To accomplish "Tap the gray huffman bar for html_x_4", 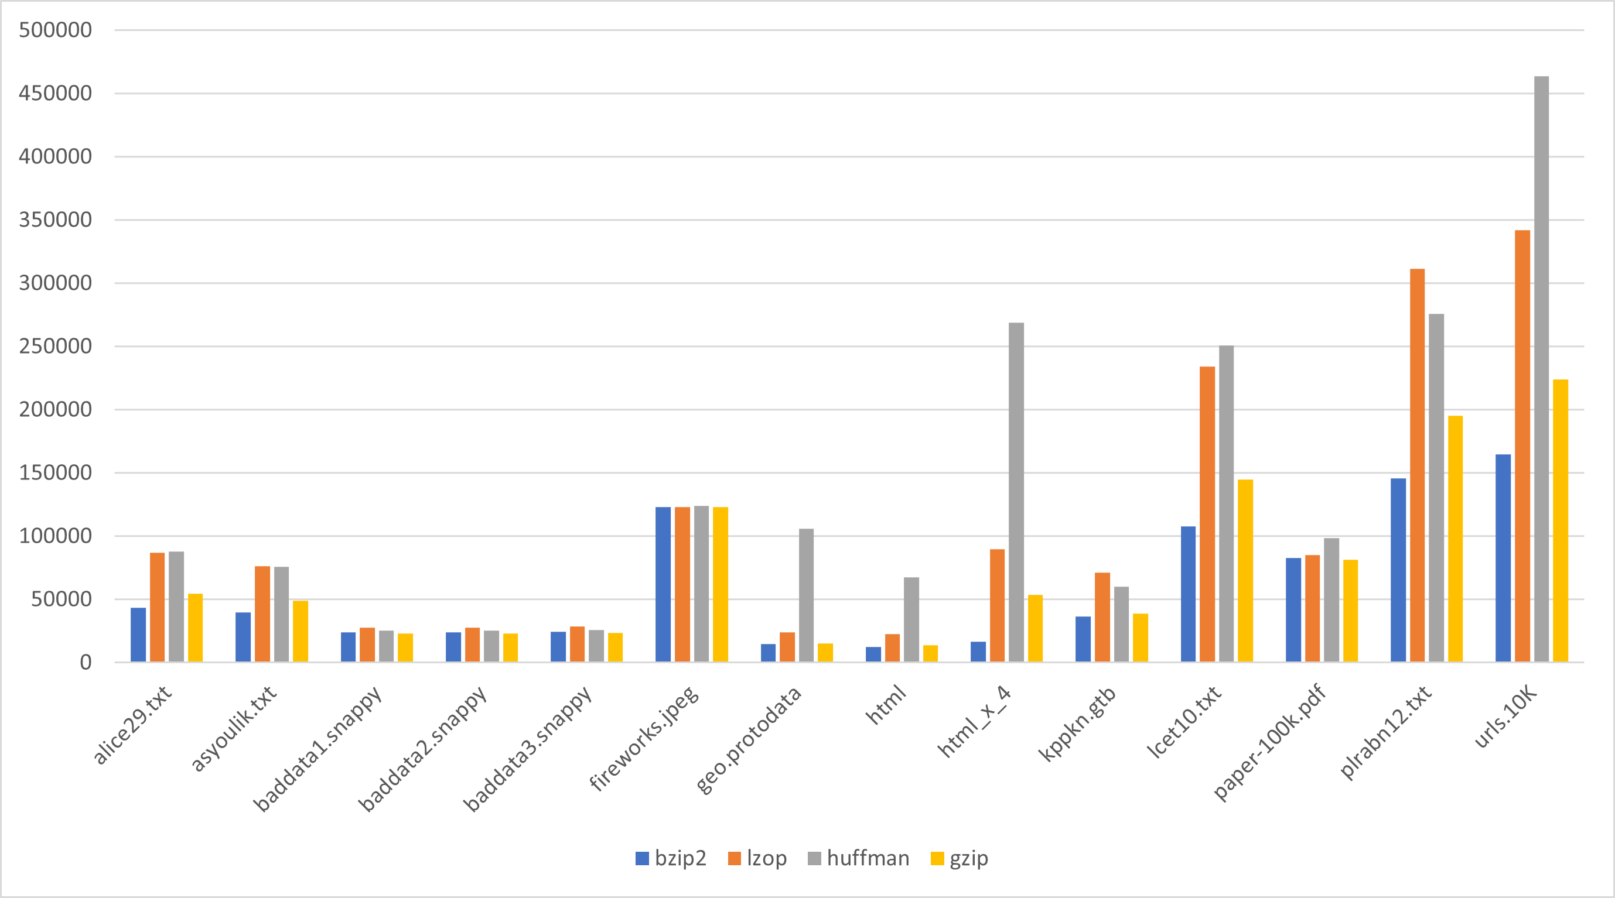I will point(1016,492).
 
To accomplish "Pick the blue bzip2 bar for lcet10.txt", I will point(1188,594).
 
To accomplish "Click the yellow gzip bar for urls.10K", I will point(1561,520).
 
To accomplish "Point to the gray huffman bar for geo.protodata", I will point(806,595).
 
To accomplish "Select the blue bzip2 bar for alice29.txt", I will point(138,634).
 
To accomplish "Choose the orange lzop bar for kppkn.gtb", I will point(1102,616).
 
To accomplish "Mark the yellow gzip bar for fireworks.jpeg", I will point(721,584).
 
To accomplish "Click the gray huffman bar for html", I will point(911,619).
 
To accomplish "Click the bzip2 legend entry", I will point(671,858).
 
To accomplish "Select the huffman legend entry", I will point(858,858).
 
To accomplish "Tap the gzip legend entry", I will point(960,858).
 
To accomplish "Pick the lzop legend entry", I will point(757,858).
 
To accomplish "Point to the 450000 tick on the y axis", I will point(55,94).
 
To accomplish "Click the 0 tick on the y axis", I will point(86,662).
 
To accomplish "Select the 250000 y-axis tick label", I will point(55,346).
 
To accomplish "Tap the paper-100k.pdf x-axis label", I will point(1270,743).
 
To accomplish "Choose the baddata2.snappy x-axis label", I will point(422,749).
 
